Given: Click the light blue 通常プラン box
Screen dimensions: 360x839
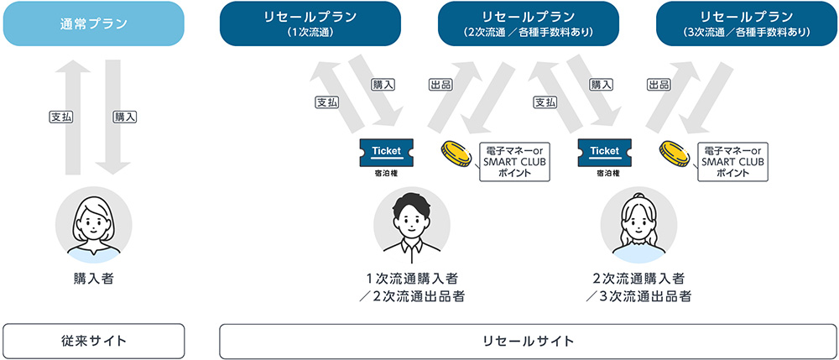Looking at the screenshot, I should (x=93, y=23).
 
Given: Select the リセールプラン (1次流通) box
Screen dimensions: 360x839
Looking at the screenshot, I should (x=311, y=23).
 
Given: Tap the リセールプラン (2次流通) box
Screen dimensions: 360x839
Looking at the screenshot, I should (x=529, y=23).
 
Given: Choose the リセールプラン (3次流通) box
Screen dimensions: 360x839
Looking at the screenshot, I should (x=748, y=23).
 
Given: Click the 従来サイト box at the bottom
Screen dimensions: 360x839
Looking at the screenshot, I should (x=93, y=341).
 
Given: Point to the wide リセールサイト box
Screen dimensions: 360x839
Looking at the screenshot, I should (x=529, y=341).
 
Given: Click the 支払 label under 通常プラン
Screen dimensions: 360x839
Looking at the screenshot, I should (x=60, y=117).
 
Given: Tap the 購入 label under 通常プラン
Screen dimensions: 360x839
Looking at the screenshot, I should (x=125, y=117).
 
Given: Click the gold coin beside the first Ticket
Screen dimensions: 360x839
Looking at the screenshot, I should (x=458, y=154).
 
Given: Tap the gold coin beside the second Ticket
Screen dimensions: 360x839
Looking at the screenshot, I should (x=676, y=154).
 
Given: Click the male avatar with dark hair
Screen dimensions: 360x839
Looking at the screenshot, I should (x=411, y=223).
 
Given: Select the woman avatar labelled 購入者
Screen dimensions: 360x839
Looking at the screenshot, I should (x=94, y=223).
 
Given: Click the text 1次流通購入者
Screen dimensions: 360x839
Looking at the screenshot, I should (x=411, y=278).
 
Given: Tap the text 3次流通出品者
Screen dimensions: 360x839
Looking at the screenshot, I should (x=640, y=296).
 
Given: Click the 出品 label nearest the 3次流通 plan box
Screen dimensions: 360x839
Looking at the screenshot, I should (x=659, y=85).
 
